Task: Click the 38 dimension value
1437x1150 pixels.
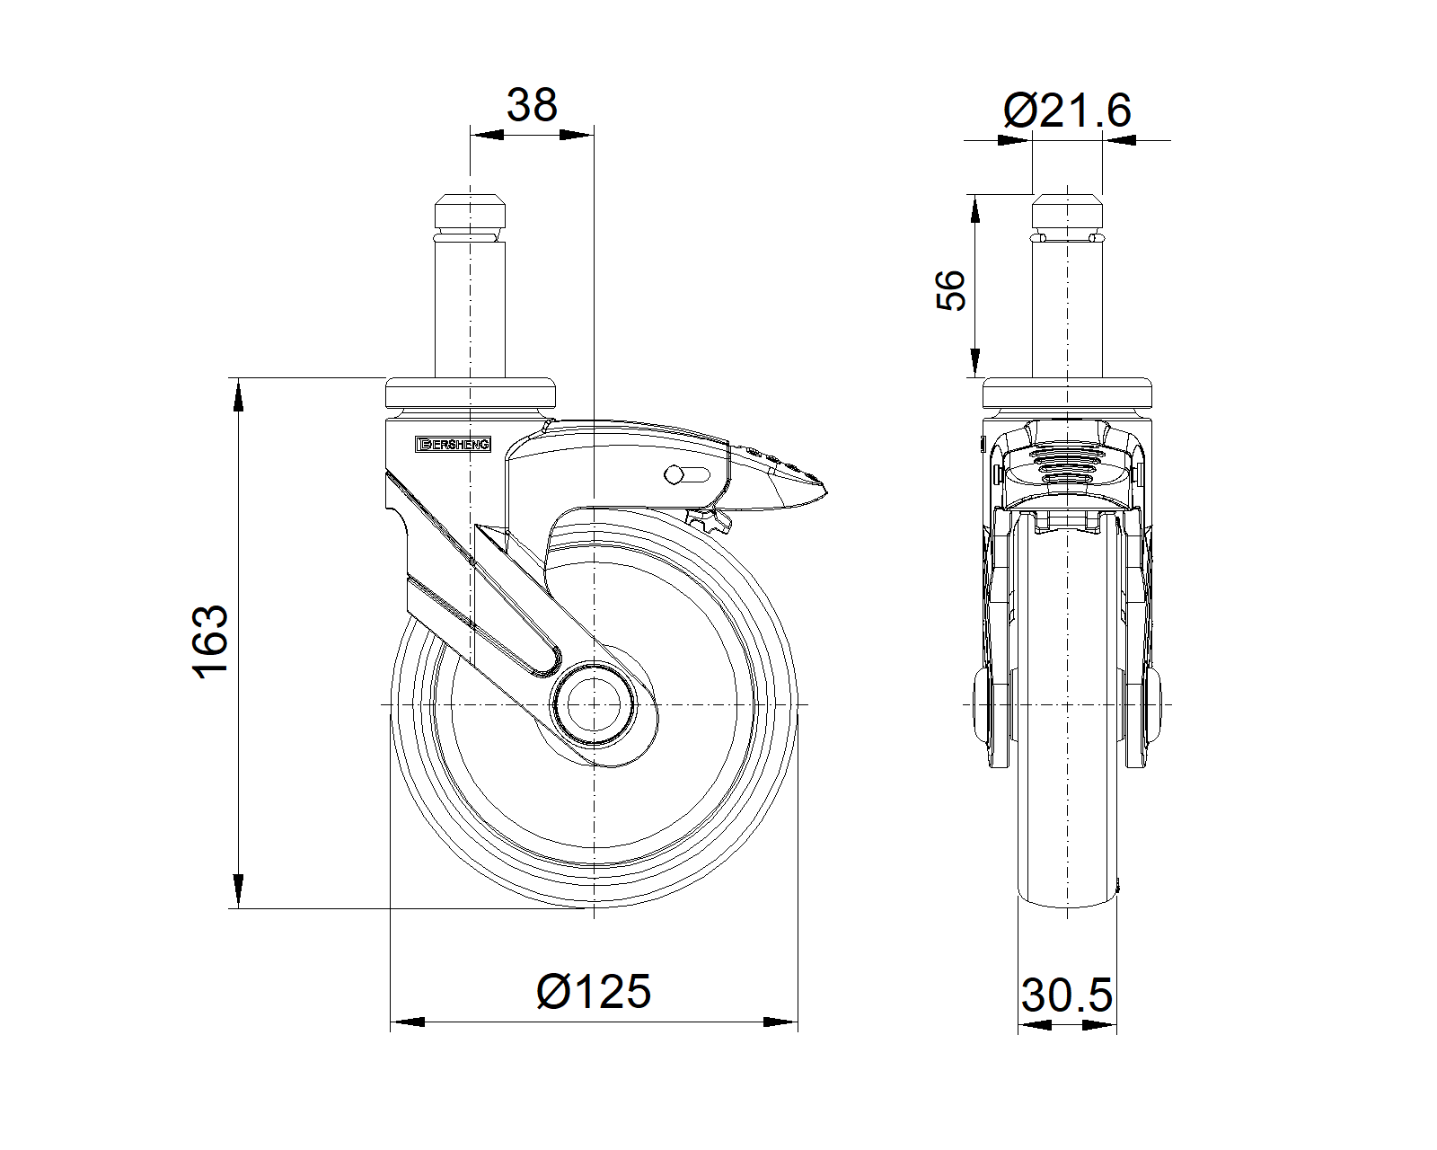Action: pyautogui.click(x=532, y=105)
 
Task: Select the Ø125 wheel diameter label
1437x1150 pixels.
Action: pyautogui.click(x=593, y=992)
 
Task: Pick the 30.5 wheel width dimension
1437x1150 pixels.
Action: pyautogui.click(x=1066, y=995)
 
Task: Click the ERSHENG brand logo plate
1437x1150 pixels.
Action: pyautogui.click(x=453, y=445)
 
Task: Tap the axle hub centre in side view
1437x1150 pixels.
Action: pyautogui.click(x=593, y=704)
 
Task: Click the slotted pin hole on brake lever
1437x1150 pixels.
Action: pyautogui.click(x=686, y=475)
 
